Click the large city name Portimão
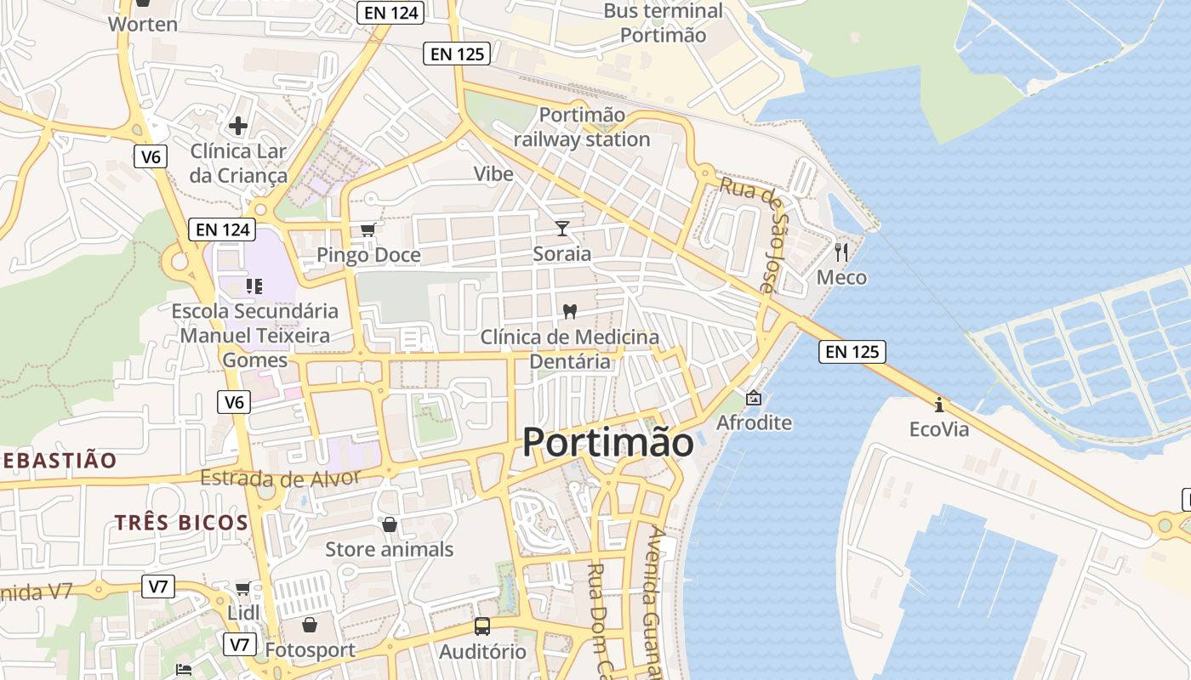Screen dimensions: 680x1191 point(607,442)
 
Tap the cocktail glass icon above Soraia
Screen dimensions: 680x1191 point(561,228)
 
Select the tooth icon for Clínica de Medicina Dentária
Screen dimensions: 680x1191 point(570,311)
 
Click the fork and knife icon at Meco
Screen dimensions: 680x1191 point(841,252)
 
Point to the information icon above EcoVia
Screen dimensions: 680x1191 point(938,404)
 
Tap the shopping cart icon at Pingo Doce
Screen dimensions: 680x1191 point(368,229)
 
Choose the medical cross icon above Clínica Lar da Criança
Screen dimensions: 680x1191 point(238,126)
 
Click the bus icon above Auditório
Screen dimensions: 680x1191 point(482,626)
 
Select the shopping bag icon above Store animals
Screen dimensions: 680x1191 point(389,524)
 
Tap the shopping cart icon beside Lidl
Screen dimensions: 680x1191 point(242,588)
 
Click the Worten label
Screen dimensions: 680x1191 point(143,24)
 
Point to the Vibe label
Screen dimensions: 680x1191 point(493,174)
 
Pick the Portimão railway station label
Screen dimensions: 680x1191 point(582,127)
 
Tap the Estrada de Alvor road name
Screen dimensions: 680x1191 point(281,479)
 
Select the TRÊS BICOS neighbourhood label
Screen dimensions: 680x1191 point(181,522)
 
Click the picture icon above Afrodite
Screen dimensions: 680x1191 point(754,397)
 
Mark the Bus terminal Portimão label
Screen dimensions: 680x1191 point(663,23)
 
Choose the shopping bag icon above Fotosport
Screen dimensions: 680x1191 point(309,626)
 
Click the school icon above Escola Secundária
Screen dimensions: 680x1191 point(254,286)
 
